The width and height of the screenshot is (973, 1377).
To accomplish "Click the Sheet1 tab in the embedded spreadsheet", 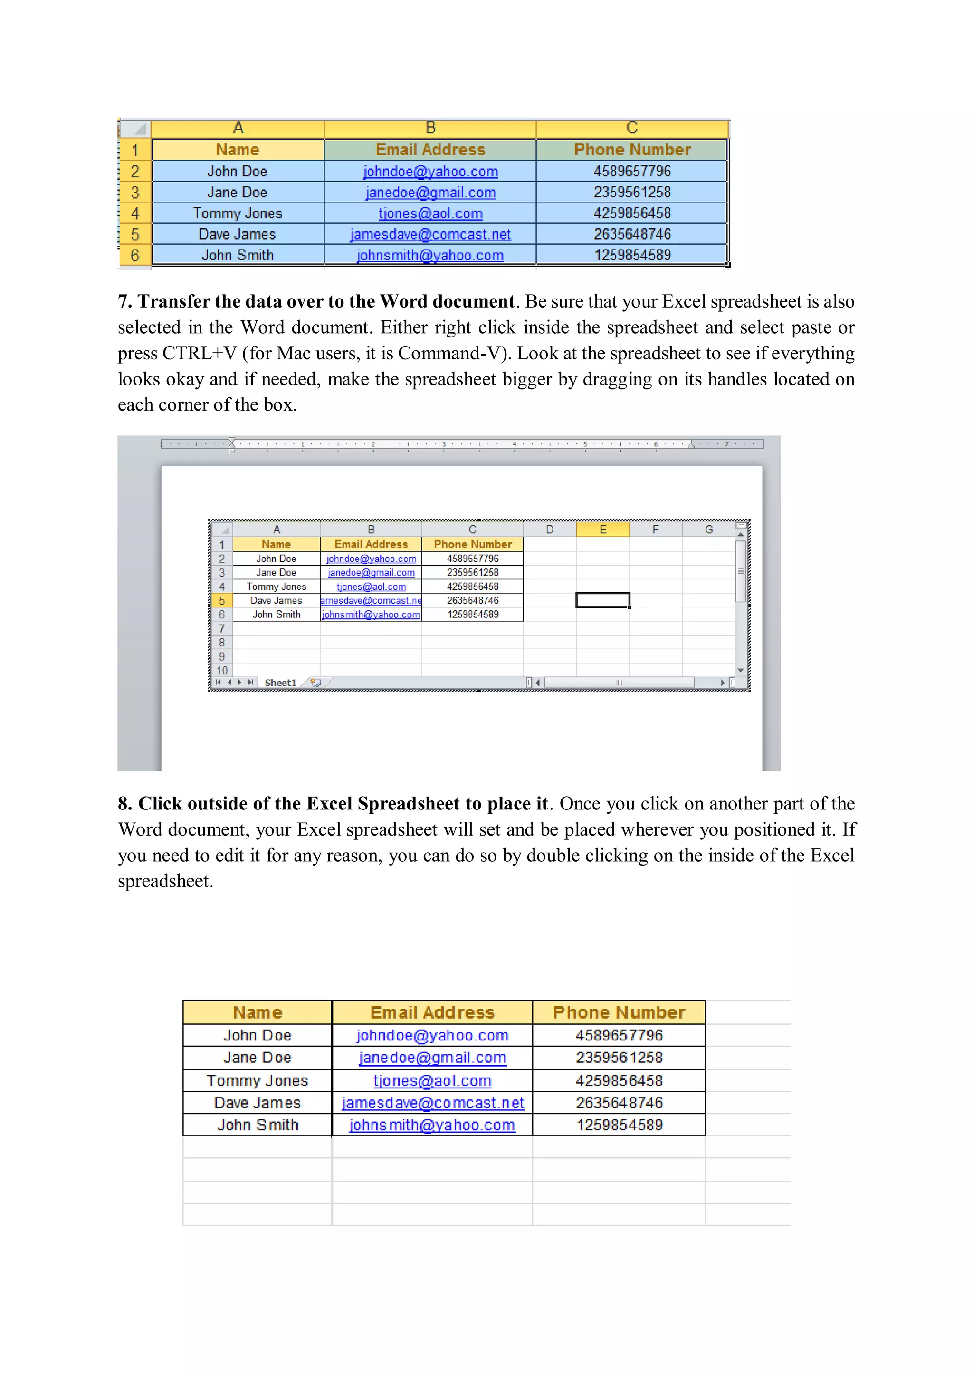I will pyautogui.click(x=280, y=683).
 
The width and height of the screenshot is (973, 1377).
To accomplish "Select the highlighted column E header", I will pyautogui.click(x=602, y=530).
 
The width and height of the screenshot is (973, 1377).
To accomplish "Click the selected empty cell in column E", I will pyautogui.click(x=602, y=600).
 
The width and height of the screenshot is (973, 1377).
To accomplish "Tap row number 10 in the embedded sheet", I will pyautogui.click(x=222, y=671).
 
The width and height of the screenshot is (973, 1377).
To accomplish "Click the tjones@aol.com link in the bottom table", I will pyautogui.click(x=432, y=1081).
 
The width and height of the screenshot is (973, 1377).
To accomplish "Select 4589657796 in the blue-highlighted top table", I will pyautogui.click(x=632, y=172).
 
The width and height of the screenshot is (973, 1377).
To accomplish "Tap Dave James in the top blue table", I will pyautogui.click(x=238, y=234).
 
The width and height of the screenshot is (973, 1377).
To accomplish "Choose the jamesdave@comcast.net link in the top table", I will pyautogui.click(x=430, y=234).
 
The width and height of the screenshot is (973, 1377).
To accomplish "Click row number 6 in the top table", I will pyautogui.click(x=135, y=256).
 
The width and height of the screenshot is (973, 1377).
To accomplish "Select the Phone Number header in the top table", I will pyautogui.click(x=632, y=150).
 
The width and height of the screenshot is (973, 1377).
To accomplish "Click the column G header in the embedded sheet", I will pyautogui.click(x=709, y=530).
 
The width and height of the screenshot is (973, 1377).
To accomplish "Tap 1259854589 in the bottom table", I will pyautogui.click(x=620, y=1125).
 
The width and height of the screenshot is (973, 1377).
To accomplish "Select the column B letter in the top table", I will pyautogui.click(x=430, y=128).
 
